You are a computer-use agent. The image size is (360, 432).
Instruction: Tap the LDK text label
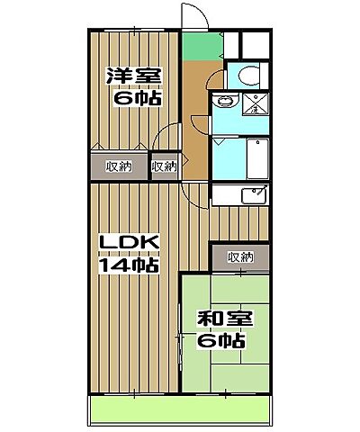click(129, 244)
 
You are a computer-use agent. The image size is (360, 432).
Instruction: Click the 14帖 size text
click(129, 265)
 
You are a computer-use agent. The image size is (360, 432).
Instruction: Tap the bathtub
click(257, 158)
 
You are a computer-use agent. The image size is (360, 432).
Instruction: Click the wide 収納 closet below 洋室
click(119, 166)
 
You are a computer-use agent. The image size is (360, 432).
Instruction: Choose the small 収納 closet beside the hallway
click(163, 166)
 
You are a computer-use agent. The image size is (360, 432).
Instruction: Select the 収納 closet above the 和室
click(239, 256)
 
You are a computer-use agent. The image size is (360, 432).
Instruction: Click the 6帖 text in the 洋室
click(136, 96)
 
